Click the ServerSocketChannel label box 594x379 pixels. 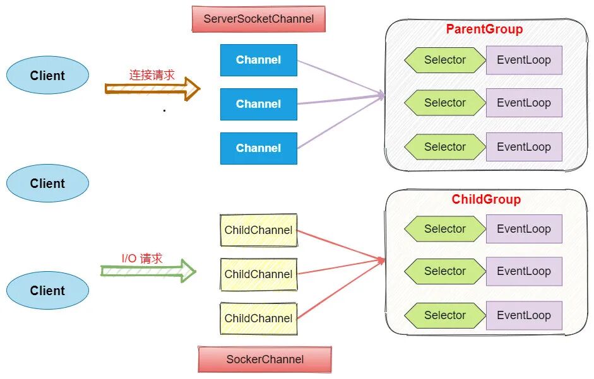[x=258, y=19]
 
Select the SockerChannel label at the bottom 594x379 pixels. [x=264, y=359]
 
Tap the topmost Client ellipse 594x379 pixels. [x=47, y=76]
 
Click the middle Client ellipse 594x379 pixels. [x=47, y=184]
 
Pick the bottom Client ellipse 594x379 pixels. [x=47, y=291]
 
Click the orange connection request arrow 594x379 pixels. [x=152, y=89]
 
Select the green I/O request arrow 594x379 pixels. [x=149, y=271]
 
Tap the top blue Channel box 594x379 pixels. [x=258, y=60]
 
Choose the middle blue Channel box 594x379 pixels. [x=258, y=104]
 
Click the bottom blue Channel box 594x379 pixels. [x=258, y=148]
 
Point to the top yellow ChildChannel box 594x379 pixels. [x=258, y=230]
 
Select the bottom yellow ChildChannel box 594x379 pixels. [x=258, y=318]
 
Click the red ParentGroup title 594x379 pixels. [x=484, y=29]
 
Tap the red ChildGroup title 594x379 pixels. [x=486, y=199]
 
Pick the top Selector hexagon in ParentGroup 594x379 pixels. [x=445, y=60]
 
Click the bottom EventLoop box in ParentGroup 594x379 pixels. [x=524, y=147]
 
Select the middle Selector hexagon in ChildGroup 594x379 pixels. [x=445, y=271]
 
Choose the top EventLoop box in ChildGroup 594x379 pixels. [x=524, y=229]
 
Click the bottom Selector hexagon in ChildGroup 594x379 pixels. [x=445, y=315]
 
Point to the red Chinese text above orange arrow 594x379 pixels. [x=151, y=74]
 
